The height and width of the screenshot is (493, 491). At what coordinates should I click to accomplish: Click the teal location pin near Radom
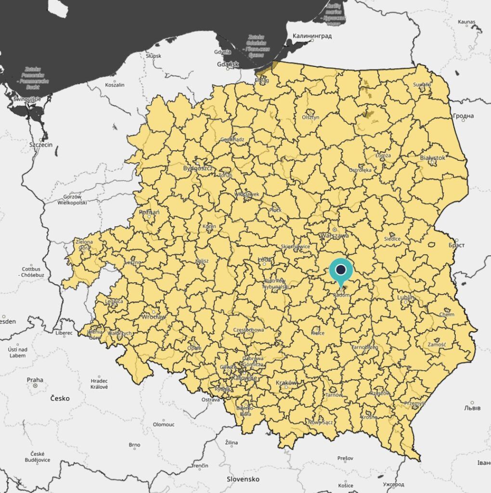pyautogui.click(x=341, y=270)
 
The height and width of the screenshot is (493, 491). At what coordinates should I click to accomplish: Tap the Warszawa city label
pyautogui.click(x=334, y=235)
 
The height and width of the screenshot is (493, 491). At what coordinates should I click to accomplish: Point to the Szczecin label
pyautogui.click(x=41, y=143)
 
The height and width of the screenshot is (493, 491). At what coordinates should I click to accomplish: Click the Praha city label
pyautogui.click(x=34, y=379)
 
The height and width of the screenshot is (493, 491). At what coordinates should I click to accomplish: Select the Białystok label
pyautogui.click(x=432, y=157)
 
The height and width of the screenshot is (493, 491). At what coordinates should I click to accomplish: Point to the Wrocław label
pyautogui.click(x=154, y=317)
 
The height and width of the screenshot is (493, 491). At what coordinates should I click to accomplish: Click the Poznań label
pyautogui.click(x=149, y=212)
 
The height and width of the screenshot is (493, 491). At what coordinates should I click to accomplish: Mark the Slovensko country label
pyautogui.click(x=243, y=479)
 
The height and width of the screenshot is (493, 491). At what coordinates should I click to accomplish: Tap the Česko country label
pyautogui.click(x=60, y=398)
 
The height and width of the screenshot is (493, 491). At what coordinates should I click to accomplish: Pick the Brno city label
pyautogui.click(x=134, y=445)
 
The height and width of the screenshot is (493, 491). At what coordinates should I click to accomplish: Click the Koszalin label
pyautogui.click(x=115, y=85)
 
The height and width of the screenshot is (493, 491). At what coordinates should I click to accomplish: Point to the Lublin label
pyautogui.click(x=405, y=298)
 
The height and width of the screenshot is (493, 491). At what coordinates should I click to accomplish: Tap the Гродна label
pyautogui.click(x=463, y=116)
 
